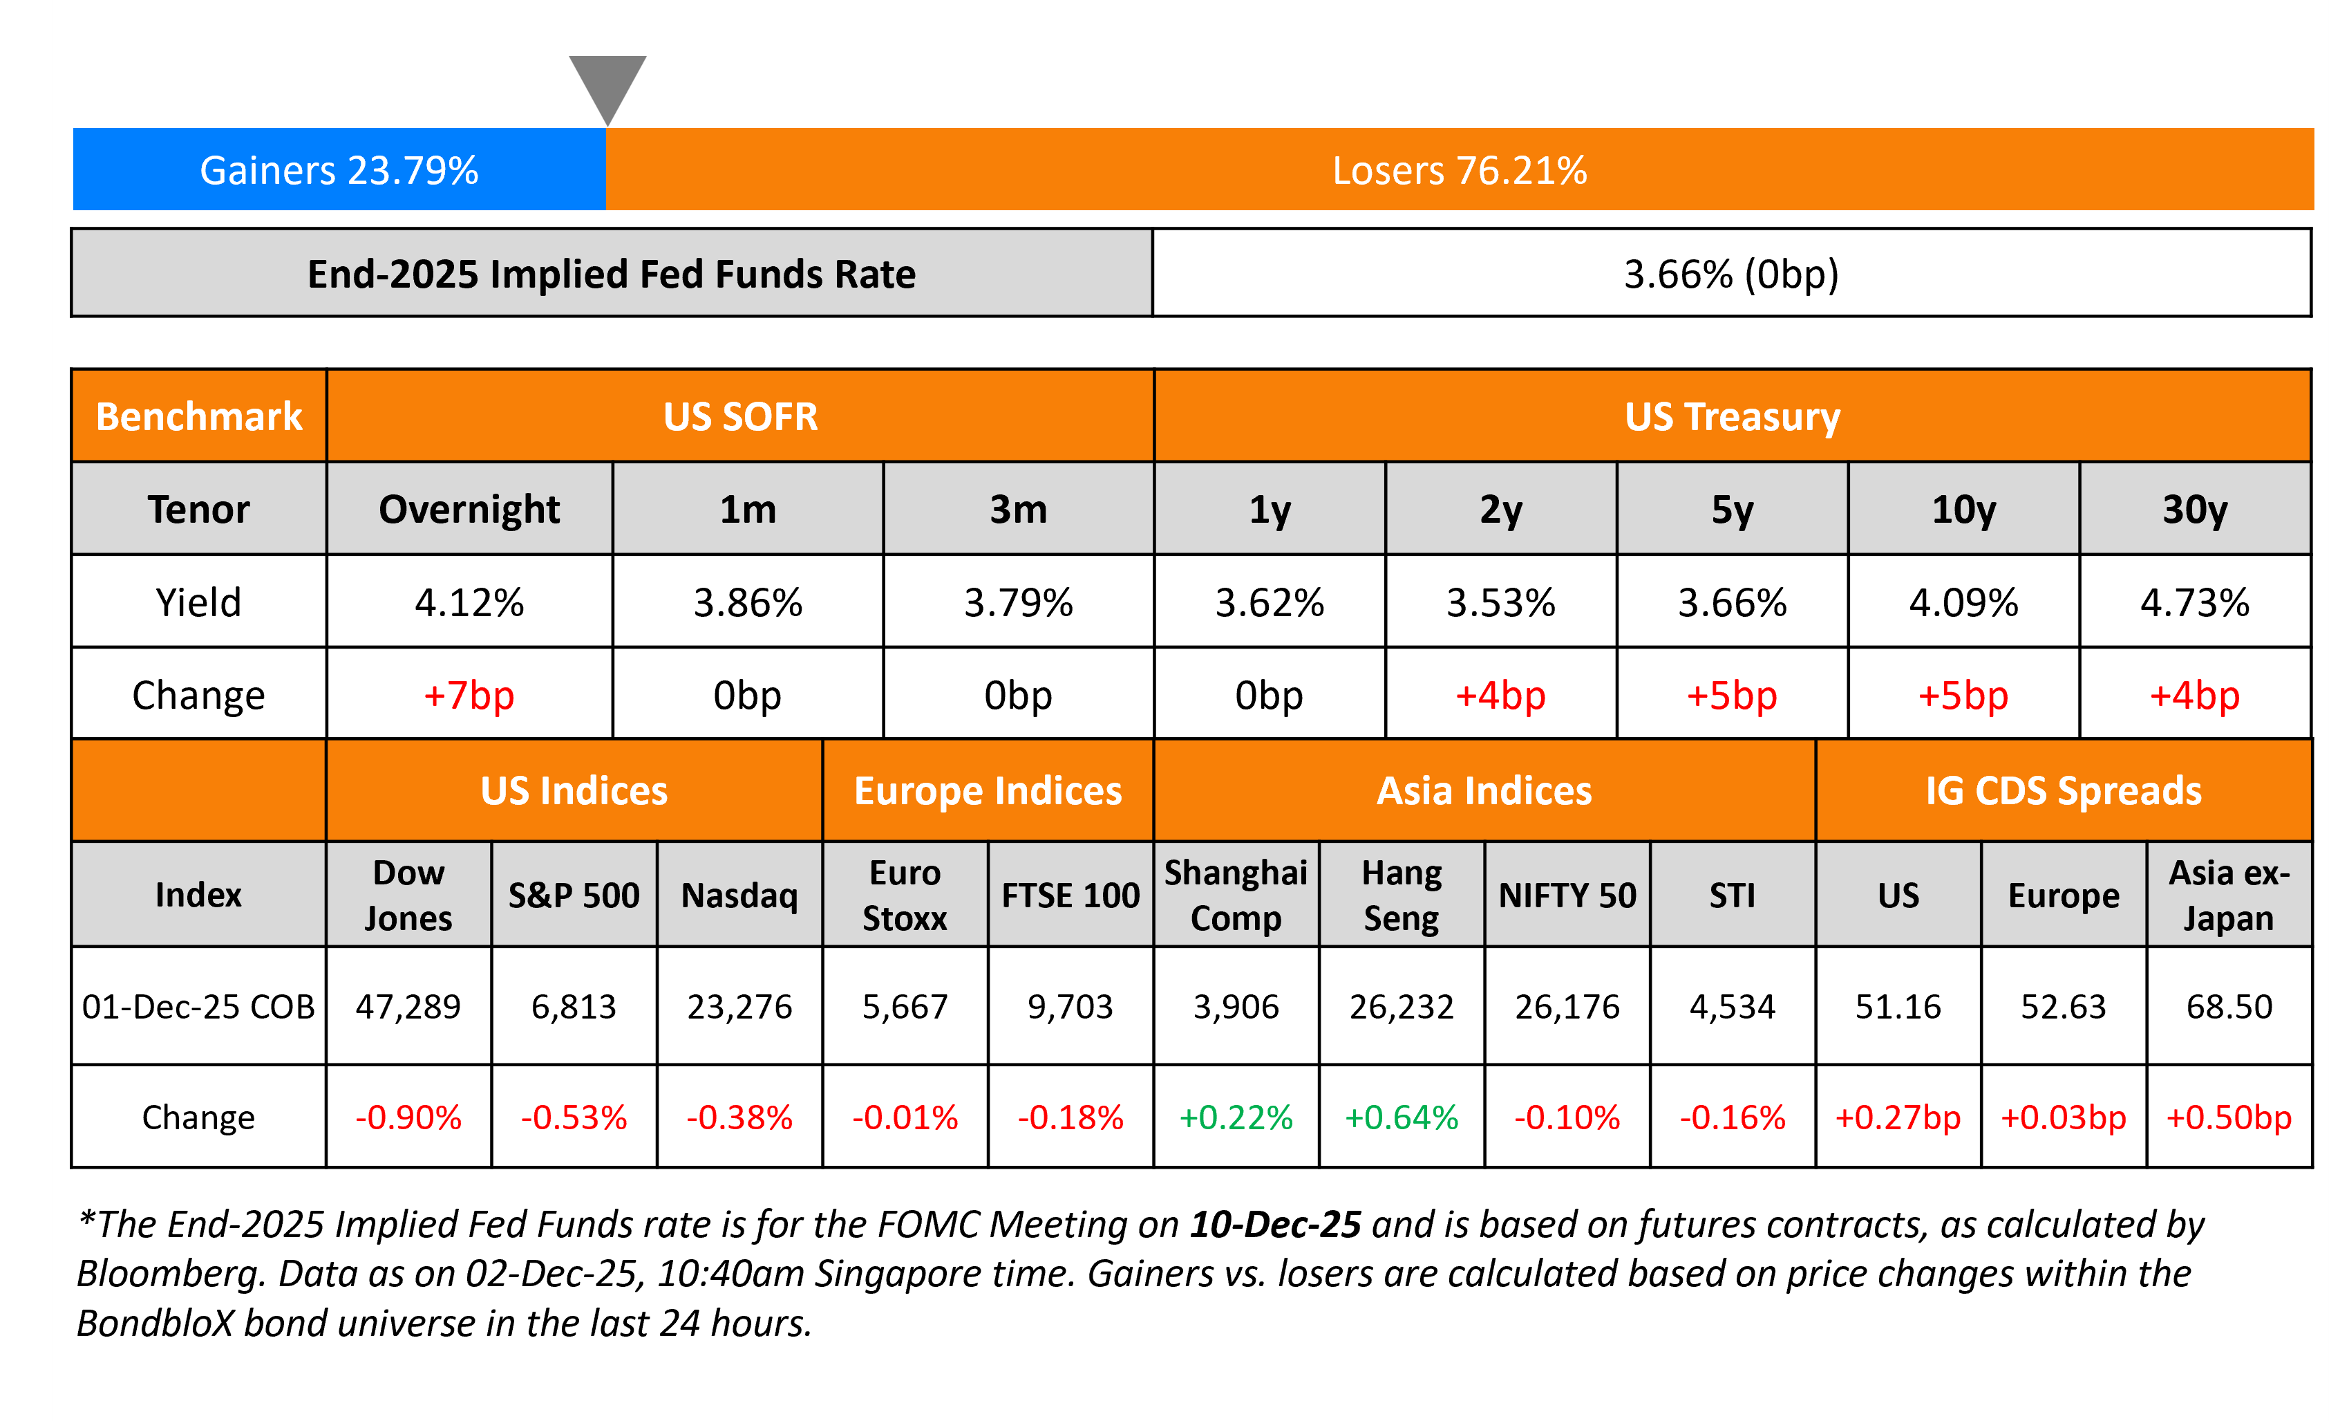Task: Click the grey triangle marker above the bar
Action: tap(607, 84)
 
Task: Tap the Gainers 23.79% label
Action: tap(339, 171)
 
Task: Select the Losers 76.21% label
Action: tap(1459, 171)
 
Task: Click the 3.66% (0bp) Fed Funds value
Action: tap(1730, 275)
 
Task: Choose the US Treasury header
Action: tap(1731, 417)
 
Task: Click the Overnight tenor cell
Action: tap(469, 509)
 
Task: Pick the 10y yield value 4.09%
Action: tap(1963, 603)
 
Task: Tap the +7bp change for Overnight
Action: tap(469, 695)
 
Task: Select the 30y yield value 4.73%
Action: tap(2195, 603)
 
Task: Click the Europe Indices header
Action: tap(988, 790)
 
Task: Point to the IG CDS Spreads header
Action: tap(2063, 790)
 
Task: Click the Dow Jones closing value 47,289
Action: tap(408, 1006)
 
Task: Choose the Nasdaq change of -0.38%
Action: tap(739, 1117)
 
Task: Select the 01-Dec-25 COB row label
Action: tap(198, 1006)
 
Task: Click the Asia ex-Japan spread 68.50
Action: tap(2229, 1006)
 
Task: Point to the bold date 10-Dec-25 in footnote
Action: tap(1274, 1225)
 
